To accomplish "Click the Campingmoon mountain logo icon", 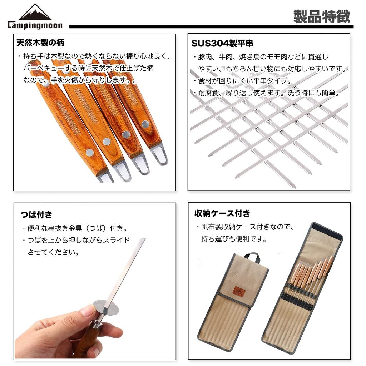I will (x=35, y=13).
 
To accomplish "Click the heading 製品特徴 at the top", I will (x=322, y=16).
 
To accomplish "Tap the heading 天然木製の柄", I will (x=40, y=43).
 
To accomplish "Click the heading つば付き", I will (x=36, y=214).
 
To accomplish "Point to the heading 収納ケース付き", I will (x=222, y=213).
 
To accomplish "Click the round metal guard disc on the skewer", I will (x=106, y=307).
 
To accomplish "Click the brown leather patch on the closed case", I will (x=239, y=292).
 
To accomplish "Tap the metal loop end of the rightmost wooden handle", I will (x=159, y=154).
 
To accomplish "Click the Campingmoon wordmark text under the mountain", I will (x=35, y=26).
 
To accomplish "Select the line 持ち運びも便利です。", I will (x=234, y=239).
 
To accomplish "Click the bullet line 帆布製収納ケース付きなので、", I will (x=245, y=227).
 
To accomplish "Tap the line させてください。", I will (x=53, y=252).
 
